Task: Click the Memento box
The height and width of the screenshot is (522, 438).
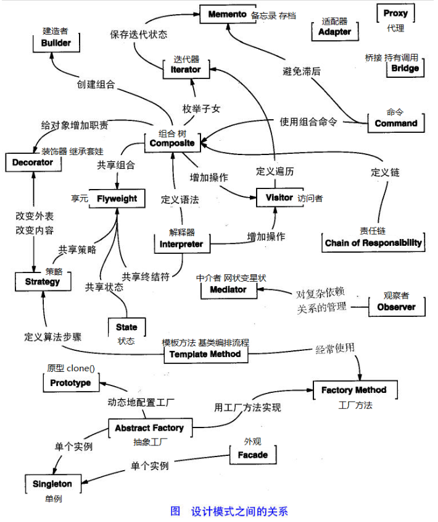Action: click(228, 14)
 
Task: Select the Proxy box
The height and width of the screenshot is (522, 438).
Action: click(395, 13)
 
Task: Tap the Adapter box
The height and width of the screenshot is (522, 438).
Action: click(335, 32)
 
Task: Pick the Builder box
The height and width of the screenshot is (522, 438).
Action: click(56, 43)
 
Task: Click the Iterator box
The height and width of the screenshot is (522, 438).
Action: click(186, 69)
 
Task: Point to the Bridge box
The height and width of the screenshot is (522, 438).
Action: click(405, 68)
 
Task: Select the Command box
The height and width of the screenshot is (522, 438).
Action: click(396, 123)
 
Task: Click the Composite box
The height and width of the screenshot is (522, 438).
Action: click(172, 143)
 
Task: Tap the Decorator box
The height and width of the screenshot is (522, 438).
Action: click(33, 162)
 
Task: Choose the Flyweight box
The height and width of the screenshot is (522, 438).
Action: click(117, 198)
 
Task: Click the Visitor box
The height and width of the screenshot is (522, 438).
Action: click(279, 198)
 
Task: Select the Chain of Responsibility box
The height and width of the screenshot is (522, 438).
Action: click(373, 243)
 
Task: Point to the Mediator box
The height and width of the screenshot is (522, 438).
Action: click(229, 290)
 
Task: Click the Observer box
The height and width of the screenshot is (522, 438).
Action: click(397, 306)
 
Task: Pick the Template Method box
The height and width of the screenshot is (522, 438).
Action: click(206, 354)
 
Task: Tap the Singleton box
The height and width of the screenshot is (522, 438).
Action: click(53, 484)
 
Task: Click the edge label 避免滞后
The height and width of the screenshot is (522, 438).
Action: click(302, 71)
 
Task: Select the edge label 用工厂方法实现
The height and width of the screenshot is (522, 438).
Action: click(247, 407)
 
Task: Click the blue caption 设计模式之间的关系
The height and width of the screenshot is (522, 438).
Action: click(239, 511)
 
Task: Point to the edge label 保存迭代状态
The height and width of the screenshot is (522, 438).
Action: click(139, 34)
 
